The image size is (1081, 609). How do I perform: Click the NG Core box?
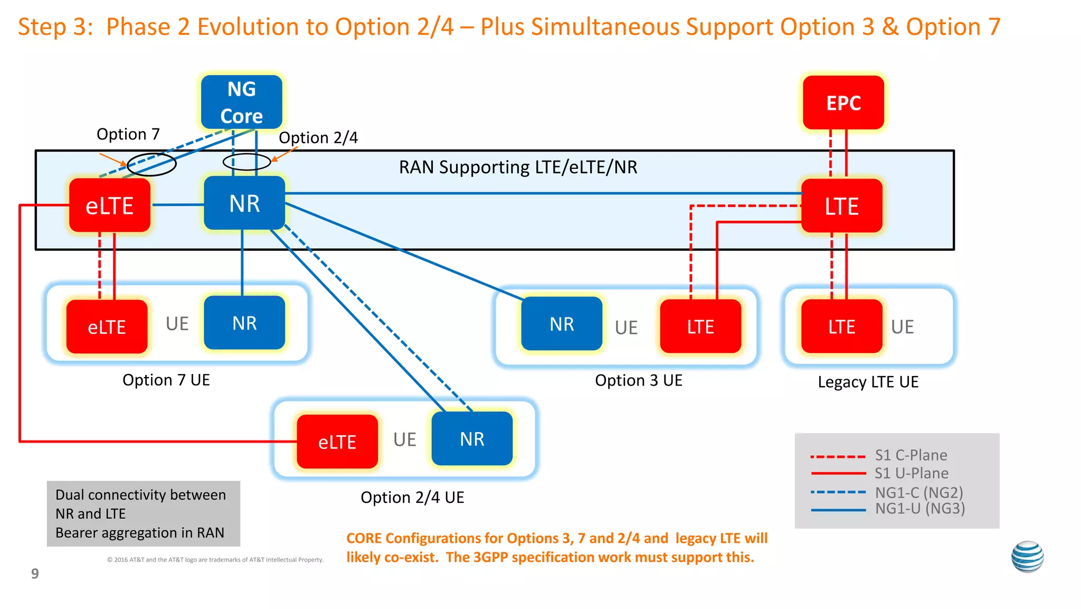[242, 102]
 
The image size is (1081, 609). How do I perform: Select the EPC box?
[843, 102]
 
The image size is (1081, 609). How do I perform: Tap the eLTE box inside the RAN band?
[110, 205]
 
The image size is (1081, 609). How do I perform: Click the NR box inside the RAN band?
[244, 203]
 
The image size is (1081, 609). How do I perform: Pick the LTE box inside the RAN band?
[842, 206]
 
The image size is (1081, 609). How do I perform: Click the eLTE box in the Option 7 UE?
[107, 327]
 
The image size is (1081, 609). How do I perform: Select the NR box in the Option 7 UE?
[244, 323]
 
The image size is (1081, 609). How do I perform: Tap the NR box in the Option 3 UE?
[562, 324]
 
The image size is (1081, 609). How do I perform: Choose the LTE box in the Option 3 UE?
[700, 326]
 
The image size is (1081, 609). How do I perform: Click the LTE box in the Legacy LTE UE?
[841, 326]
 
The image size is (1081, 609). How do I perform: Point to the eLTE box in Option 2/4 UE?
[337, 442]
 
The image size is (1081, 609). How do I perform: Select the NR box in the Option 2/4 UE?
[472, 439]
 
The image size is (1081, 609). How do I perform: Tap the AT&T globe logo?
[1027, 557]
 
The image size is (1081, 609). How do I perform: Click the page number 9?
[35, 574]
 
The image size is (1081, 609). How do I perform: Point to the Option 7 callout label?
[128, 134]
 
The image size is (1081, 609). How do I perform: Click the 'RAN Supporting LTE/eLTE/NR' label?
[518, 167]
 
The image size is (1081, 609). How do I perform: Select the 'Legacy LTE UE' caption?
[868, 382]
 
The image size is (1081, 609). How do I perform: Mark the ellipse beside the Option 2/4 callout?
[246, 162]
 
